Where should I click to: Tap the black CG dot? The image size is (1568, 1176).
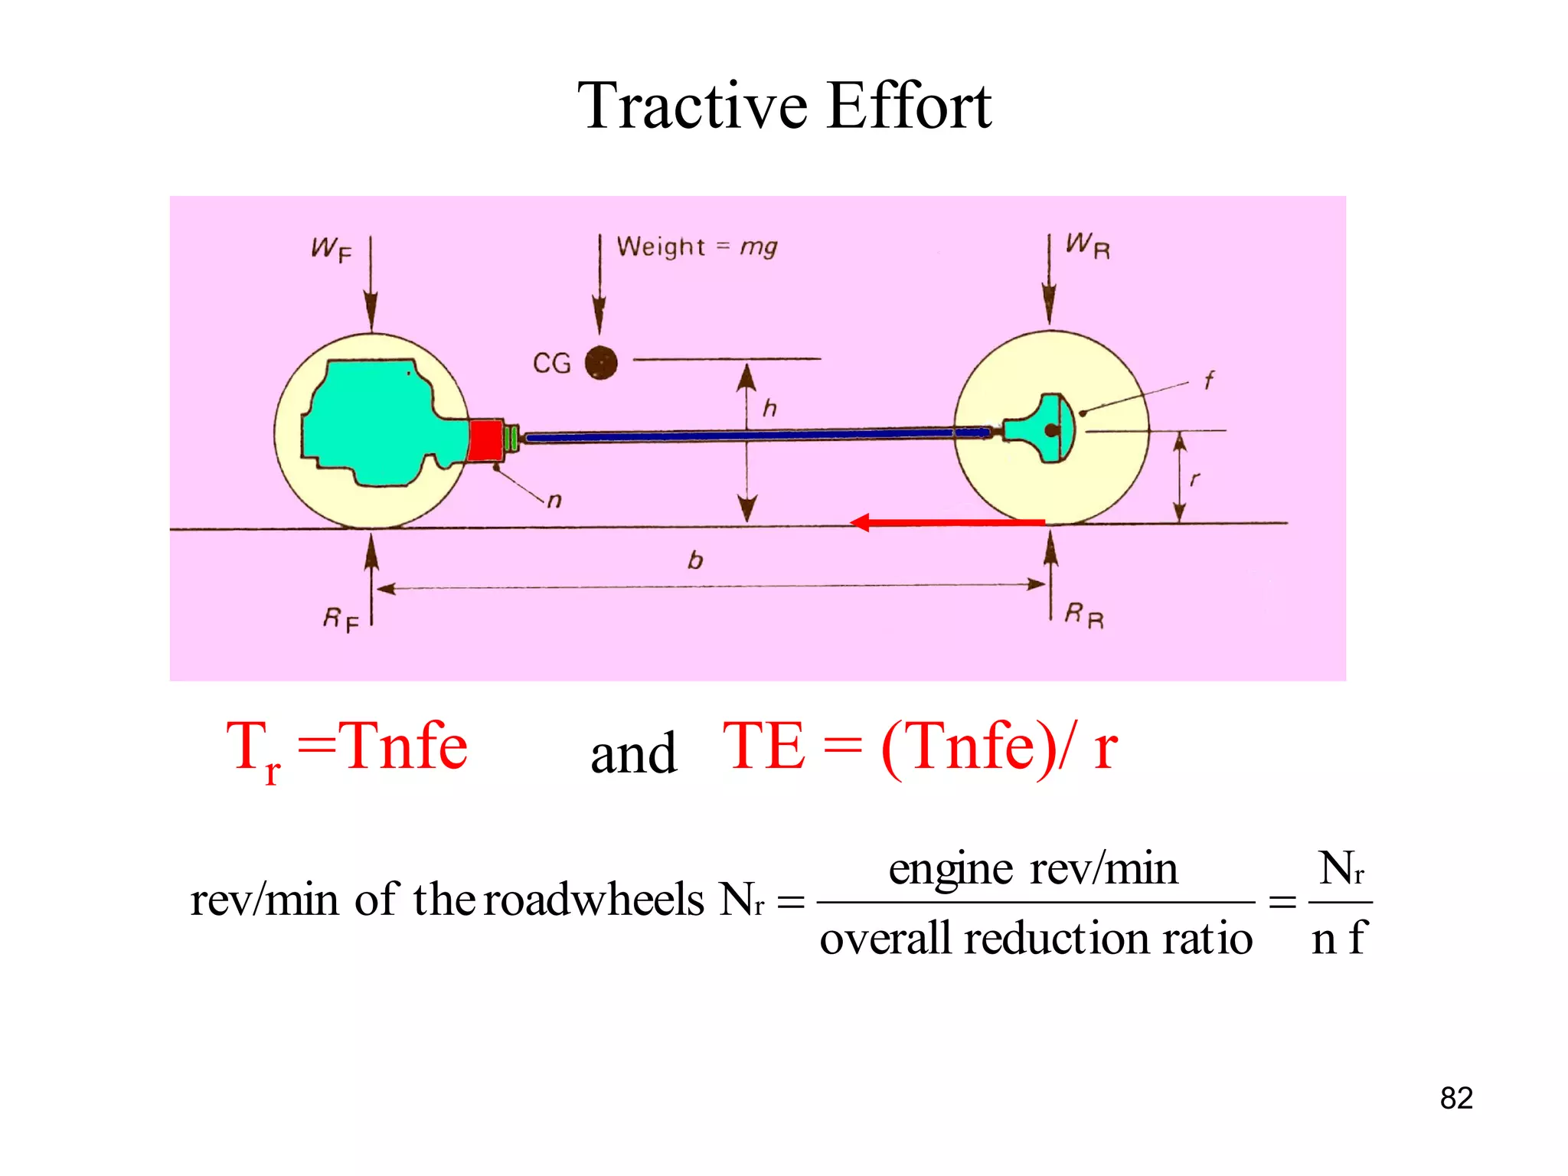pyautogui.click(x=601, y=362)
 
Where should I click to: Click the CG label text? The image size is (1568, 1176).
pyautogui.click(x=552, y=363)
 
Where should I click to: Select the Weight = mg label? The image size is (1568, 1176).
pyautogui.click(x=697, y=247)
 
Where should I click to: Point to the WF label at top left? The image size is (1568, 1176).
pyautogui.click(x=331, y=249)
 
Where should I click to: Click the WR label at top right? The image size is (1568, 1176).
pyautogui.click(x=1087, y=246)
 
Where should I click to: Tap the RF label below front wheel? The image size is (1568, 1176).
pyautogui.click(x=340, y=619)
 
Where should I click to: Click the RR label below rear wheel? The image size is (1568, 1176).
pyautogui.click(x=1084, y=614)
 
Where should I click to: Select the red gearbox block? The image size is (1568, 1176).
pyautogui.click(x=485, y=441)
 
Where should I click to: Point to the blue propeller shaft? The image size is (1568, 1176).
pyautogui.click(x=750, y=436)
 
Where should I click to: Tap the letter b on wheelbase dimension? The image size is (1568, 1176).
pyautogui.click(x=695, y=560)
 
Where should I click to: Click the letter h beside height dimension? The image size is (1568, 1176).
pyautogui.click(x=769, y=408)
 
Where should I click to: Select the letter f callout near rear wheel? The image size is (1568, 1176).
pyautogui.click(x=1208, y=380)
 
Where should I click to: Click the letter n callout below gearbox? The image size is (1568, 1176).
pyautogui.click(x=554, y=501)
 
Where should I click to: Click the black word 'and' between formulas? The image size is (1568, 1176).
pyautogui.click(x=633, y=753)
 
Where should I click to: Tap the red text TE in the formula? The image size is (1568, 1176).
pyautogui.click(x=763, y=746)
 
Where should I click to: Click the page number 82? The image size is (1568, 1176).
pyautogui.click(x=1455, y=1098)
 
